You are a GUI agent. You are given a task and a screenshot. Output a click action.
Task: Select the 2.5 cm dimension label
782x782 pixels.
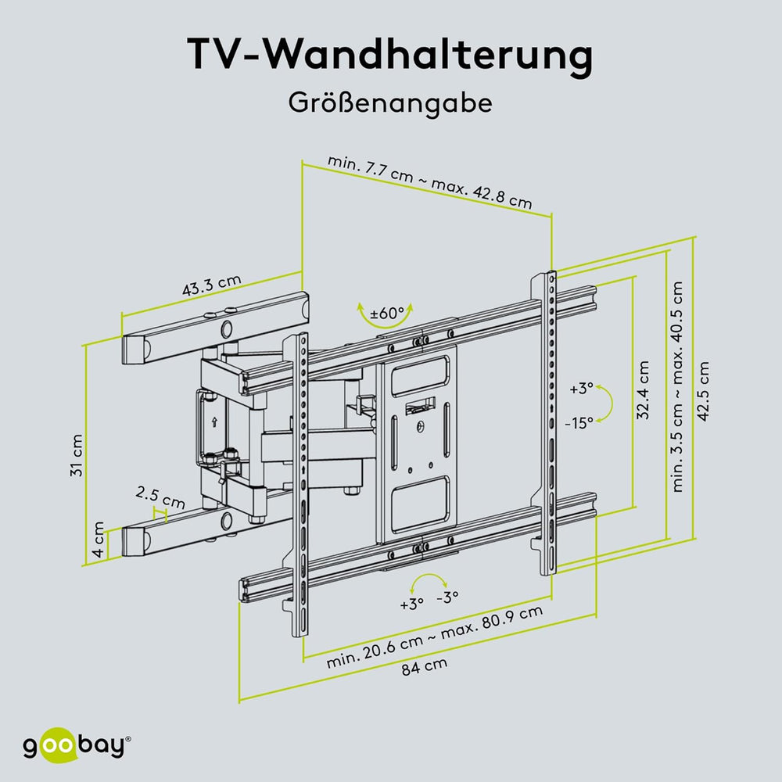(x=160, y=494)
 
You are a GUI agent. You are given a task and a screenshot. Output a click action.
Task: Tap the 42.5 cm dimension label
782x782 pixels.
(x=706, y=391)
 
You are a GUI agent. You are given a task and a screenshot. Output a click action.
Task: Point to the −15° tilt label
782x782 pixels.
(x=579, y=421)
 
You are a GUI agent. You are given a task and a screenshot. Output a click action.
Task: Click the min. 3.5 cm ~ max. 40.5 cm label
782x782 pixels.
(x=678, y=386)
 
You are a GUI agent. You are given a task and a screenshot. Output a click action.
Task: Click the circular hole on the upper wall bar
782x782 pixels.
(x=227, y=328)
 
